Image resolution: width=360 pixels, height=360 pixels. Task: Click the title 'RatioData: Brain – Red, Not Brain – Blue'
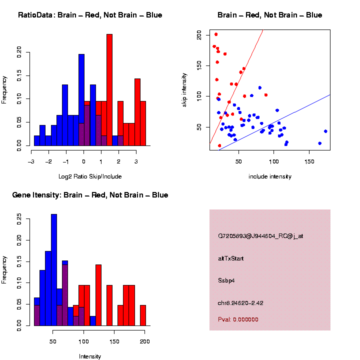(x=90, y=15)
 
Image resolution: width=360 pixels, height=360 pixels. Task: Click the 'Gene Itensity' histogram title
(x=90, y=195)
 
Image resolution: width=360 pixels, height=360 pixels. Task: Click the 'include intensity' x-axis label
(x=270, y=176)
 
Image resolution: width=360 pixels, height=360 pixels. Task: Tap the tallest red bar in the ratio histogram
(x=109, y=90)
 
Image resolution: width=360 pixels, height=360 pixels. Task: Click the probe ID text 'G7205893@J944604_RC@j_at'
(x=260, y=236)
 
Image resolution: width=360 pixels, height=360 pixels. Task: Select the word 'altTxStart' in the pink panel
(x=231, y=258)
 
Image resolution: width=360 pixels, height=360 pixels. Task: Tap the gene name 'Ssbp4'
(x=226, y=280)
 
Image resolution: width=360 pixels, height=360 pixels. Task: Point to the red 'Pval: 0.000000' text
(x=238, y=319)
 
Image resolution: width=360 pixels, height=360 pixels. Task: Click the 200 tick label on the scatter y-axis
(x=199, y=34)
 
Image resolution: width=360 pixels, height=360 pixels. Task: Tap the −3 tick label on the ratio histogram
(x=31, y=161)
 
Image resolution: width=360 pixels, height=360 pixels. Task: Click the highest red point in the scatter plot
(x=216, y=34)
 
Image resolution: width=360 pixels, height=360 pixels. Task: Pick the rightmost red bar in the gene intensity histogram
(x=143, y=315)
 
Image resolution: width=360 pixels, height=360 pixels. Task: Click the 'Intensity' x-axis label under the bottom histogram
(x=90, y=356)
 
